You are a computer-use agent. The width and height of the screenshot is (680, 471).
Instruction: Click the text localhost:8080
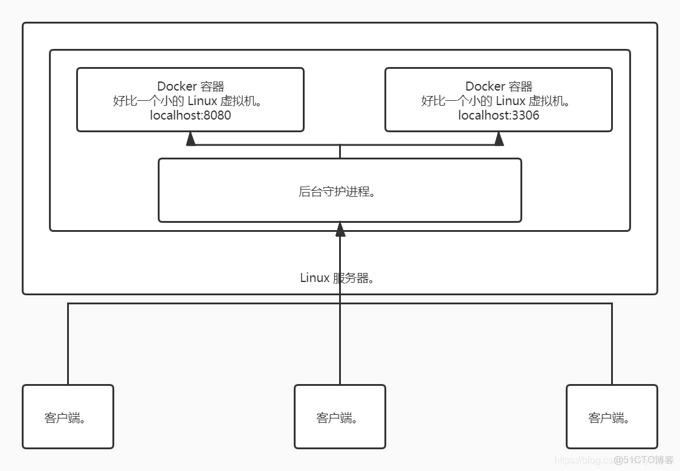click(190, 115)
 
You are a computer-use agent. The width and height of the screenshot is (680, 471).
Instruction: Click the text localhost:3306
click(499, 115)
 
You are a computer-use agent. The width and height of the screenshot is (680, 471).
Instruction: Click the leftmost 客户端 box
click(68, 417)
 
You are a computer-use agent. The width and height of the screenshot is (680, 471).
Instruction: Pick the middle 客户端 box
click(340, 417)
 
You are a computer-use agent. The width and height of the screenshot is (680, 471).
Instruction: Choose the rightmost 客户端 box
click(612, 417)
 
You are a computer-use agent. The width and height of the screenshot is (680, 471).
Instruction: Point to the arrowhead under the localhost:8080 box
click(191, 139)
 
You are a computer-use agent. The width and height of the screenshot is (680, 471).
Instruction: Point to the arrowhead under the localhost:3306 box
click(499, 139)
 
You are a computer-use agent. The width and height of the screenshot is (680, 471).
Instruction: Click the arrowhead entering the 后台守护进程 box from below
click(340, 229)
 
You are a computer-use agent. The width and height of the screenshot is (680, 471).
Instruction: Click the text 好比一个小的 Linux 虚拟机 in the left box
click(190, 101)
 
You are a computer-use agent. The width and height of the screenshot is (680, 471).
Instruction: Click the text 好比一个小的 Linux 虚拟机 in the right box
click(499, 101)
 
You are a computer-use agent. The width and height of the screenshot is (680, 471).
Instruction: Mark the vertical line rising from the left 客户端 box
click(68, 344)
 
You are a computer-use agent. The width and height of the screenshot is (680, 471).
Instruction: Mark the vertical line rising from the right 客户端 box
click(612, 344)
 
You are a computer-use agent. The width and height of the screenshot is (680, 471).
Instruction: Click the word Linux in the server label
click(315, 278)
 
